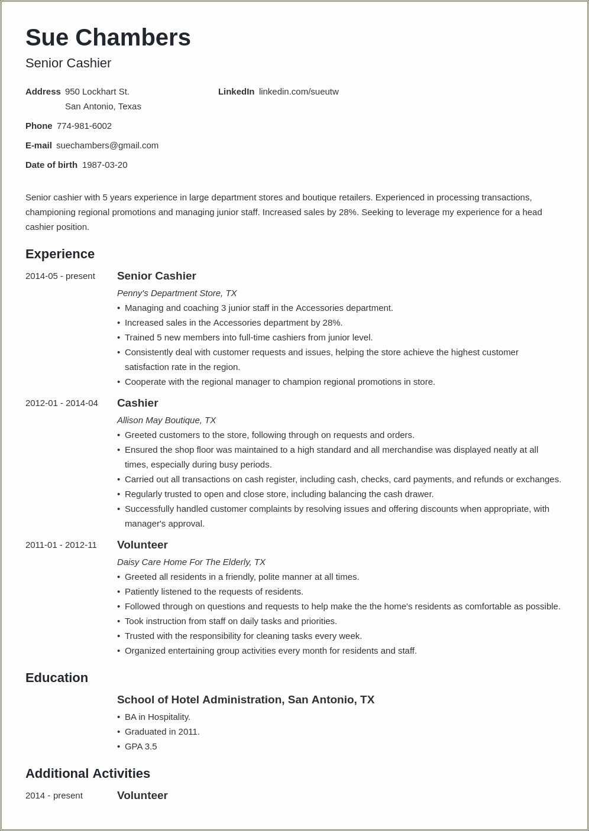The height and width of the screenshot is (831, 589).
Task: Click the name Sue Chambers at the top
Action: pos(108,38)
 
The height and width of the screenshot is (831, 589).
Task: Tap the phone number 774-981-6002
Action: pos(84,126)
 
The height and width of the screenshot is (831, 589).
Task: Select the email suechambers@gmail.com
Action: pos(107,145)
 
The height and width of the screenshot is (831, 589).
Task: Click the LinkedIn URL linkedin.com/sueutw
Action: pos(299,92)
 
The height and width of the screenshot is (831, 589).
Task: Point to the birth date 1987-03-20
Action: pos(105,165)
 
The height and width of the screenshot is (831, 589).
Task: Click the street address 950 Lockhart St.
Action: pos(97,92)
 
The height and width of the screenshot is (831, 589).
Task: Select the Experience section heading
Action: pos(60,254)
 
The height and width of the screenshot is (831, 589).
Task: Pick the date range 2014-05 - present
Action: pos(60,276)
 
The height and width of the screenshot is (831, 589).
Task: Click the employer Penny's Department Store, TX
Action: pos(177,293)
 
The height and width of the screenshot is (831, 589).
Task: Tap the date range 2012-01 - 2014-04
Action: pos(62,403)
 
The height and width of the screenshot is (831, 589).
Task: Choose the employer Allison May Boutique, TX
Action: pos(166,420)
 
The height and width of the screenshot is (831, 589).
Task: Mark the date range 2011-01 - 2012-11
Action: pos(61,545)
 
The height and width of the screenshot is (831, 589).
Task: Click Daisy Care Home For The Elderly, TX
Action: pos(191,562)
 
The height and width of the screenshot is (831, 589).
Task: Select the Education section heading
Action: pos(57,678)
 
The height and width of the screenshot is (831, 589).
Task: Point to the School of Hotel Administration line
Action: pos(245,700)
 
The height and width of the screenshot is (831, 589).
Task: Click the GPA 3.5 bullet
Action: pos(141,746)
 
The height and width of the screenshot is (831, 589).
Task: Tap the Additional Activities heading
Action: pos(88,774)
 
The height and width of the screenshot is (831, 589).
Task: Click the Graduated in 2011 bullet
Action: pos(162,732)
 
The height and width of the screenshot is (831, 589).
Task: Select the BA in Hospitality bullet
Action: pos(157,717)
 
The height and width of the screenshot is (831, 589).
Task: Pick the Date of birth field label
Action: pos(51,165)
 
